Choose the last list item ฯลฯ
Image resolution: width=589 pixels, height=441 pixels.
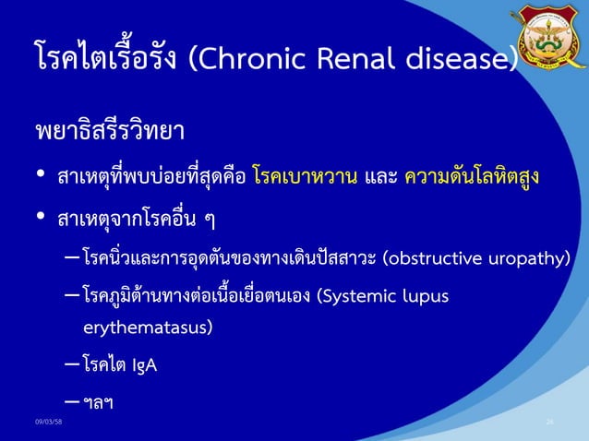pyautogui.click(x=98, y=404)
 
